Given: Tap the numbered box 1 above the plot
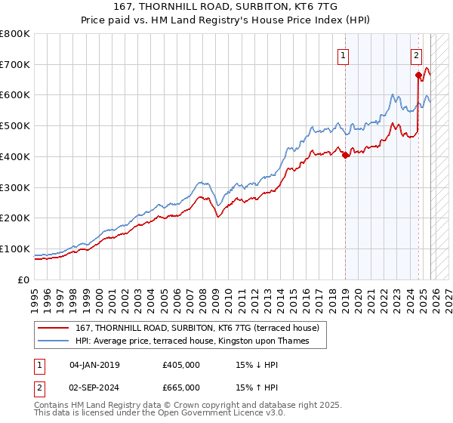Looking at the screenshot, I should click(344, 54).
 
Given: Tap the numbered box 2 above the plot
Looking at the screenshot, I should click(416, 54).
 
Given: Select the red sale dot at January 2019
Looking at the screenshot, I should click(345, 156).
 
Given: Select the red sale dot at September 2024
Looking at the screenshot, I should click(418, 75).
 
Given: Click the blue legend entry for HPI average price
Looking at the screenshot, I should click(201, 341).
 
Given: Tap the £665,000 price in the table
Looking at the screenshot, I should click(181, 387).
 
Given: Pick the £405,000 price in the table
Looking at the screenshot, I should click(181, 365).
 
